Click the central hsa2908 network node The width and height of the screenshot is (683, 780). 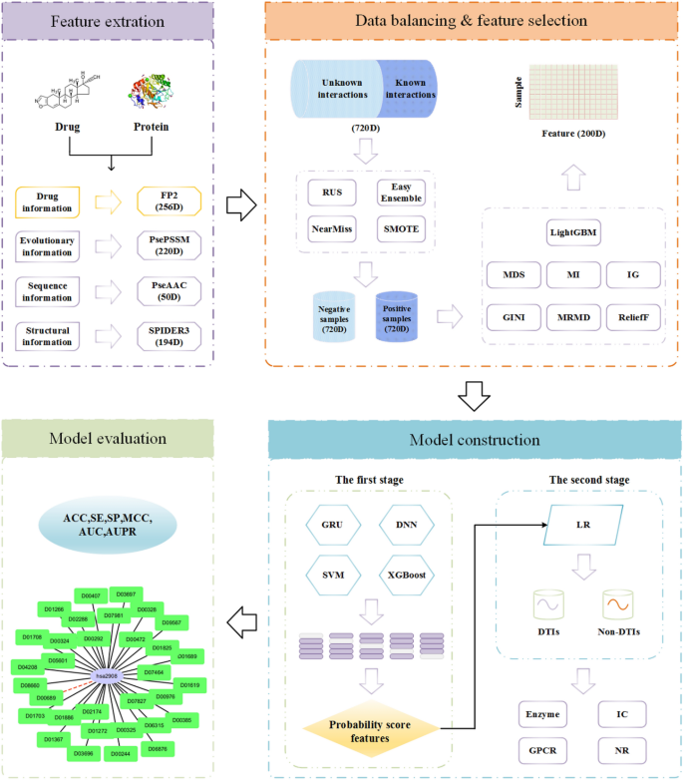click(x=105, y=675)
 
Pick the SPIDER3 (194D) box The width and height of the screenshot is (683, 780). click(x=162, y=335)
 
